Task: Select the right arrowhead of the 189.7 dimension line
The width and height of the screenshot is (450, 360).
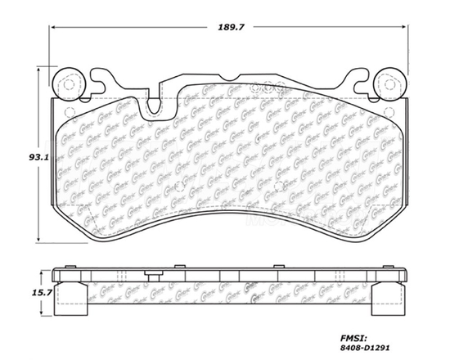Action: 408,26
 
